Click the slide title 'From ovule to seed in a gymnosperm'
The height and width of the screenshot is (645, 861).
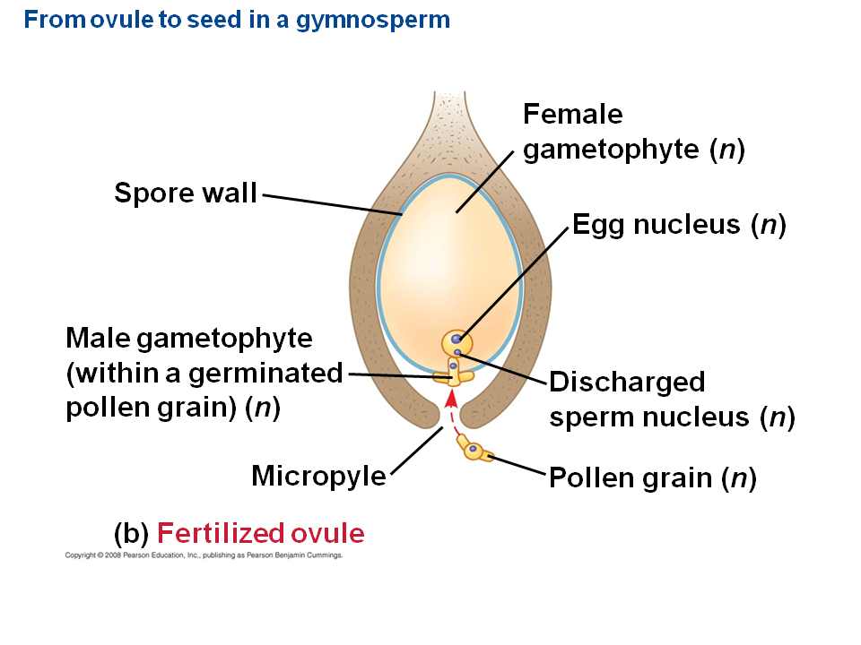coord(237,20)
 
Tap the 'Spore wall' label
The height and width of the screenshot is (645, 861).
coord(185,193)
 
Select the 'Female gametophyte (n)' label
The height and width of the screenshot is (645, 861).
coord(633,132)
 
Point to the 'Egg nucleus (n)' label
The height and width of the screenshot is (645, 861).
coord(679,225)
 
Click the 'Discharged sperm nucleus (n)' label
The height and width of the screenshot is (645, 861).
coord(672,400)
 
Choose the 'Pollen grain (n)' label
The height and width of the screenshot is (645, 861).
coord(653,478)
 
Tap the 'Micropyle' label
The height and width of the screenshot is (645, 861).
coord(318,476)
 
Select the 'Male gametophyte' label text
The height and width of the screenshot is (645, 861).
coord(189,339)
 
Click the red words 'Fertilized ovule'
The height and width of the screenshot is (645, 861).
coord(261,534)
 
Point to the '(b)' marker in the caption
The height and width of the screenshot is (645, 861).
coord(131,534)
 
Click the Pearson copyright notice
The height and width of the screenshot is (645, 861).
coord(204,555)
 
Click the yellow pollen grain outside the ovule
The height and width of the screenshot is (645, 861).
coord(476,451)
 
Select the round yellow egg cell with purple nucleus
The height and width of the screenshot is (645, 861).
coord(457,341)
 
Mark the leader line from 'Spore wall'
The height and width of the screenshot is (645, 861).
coord(332,203)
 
